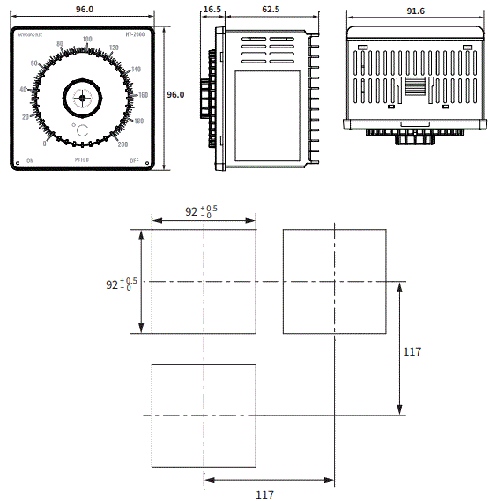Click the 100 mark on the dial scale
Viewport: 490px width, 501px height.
coord(86,40)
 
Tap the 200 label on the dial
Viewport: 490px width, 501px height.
coord(122,144)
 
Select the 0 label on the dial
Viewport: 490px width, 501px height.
coord(45,144)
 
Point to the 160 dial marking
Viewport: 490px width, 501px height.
coord(143,94)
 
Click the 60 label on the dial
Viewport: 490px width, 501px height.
coord(33,63)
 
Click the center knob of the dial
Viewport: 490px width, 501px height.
coord(83,98)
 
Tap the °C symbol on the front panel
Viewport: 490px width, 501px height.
coord(80,129)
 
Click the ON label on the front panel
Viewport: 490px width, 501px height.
coord(30,161)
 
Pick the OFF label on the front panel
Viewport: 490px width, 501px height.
coord(135,161)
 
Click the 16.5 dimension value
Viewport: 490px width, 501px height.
coord(212,9)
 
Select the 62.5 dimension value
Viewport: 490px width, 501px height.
coord(271,9)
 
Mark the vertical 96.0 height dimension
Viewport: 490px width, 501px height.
coord(176,94)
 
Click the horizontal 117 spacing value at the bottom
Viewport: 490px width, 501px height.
coord(264,494)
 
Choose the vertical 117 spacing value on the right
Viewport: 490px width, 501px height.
coord(412,352)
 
